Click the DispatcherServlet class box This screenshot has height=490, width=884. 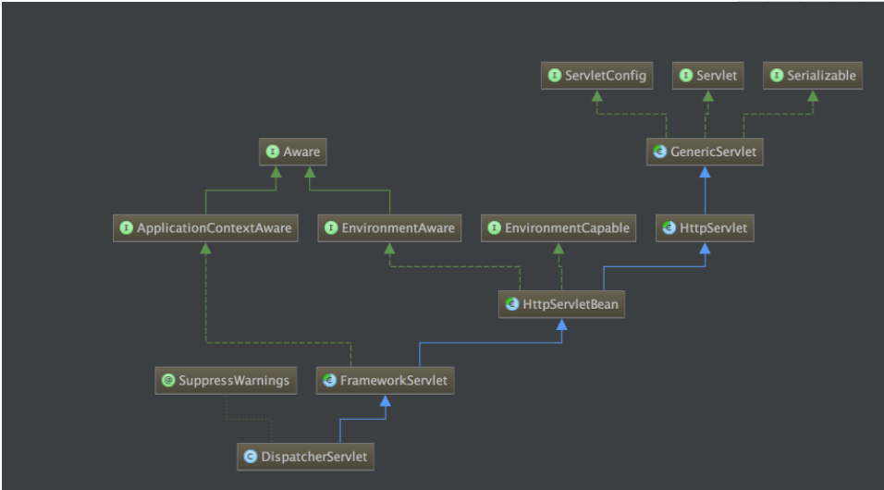click(x=305, y=457)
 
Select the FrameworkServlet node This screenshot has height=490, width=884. click(x=385, y=381)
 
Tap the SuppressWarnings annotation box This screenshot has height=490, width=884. click(x=226, y=381)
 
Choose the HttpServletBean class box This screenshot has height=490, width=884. click(x=561, y=304)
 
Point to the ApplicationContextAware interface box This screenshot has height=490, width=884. click(x=206, y=227)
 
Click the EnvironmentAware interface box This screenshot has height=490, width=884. click(x=389, y=227)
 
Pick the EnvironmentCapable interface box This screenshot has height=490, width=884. click(x=559, y=227)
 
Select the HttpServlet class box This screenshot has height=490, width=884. click(x=705, y=227)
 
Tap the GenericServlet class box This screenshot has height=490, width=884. click(x=705, y=152)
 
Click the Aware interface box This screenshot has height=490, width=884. click(x=292, y=152)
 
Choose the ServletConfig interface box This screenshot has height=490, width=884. click(x=597, y=76)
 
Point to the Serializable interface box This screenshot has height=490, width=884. click(x=813, y=76)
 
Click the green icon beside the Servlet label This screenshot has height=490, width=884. click(x=686, y=76)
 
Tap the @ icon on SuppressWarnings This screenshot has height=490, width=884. click(x=168, y=381)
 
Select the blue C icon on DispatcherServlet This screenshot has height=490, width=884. click(x=251, y=457)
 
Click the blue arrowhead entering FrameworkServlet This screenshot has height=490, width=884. click(x=385, y=401)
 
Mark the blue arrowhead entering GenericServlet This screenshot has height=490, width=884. click(x=705, y=172)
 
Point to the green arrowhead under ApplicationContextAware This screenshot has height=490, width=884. click(x=206, y=248)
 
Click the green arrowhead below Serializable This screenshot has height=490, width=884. click(x=813, y=96)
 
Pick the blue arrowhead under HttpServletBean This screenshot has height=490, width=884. click(x=561, y=325)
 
